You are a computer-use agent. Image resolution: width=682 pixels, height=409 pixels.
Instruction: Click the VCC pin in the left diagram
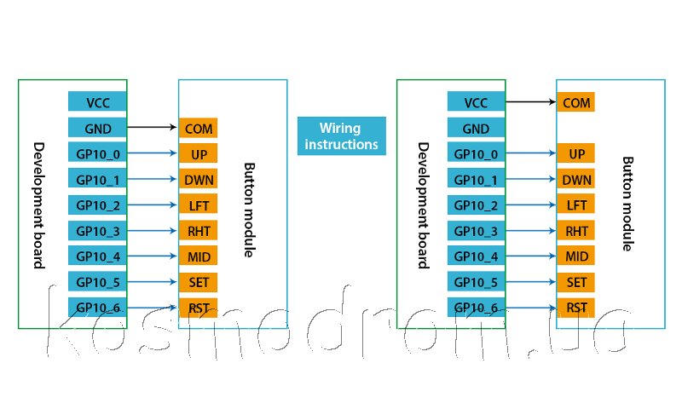coord(97,102)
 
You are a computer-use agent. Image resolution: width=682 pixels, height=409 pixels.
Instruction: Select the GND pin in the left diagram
coord(97,129)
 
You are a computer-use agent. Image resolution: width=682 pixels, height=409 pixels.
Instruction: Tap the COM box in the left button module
coord(198,129)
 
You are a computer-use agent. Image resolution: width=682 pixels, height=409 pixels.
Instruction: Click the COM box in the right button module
coord(576,103)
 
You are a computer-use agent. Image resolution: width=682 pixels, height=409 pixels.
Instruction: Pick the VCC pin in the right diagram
coord(476,103)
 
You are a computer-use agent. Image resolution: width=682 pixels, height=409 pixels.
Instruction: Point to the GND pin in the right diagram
coord(476,129)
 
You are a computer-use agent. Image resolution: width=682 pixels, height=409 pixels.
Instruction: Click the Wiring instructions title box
coord(341,136)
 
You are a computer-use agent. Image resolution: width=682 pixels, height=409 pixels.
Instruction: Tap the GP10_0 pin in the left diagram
coord(97,154)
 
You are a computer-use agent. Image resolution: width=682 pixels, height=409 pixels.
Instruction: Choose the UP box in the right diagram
coord(576,154)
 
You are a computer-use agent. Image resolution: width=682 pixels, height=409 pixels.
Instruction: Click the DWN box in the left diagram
coord(198,180)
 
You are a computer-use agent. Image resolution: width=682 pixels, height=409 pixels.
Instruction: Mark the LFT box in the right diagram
coord(576,205)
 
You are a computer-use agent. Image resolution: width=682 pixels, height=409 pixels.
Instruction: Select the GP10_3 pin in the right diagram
coord(476,231)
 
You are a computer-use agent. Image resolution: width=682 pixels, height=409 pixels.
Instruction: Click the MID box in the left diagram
coord(198,256)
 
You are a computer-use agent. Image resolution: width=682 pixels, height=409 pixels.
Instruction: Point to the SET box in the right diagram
coord(576,282)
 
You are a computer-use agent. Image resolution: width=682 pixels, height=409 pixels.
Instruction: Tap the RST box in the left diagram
coord(198,308)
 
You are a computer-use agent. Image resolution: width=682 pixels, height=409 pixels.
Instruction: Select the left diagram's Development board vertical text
coord(38,204)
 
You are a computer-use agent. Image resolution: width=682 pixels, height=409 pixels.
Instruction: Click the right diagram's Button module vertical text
coord(628,204)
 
